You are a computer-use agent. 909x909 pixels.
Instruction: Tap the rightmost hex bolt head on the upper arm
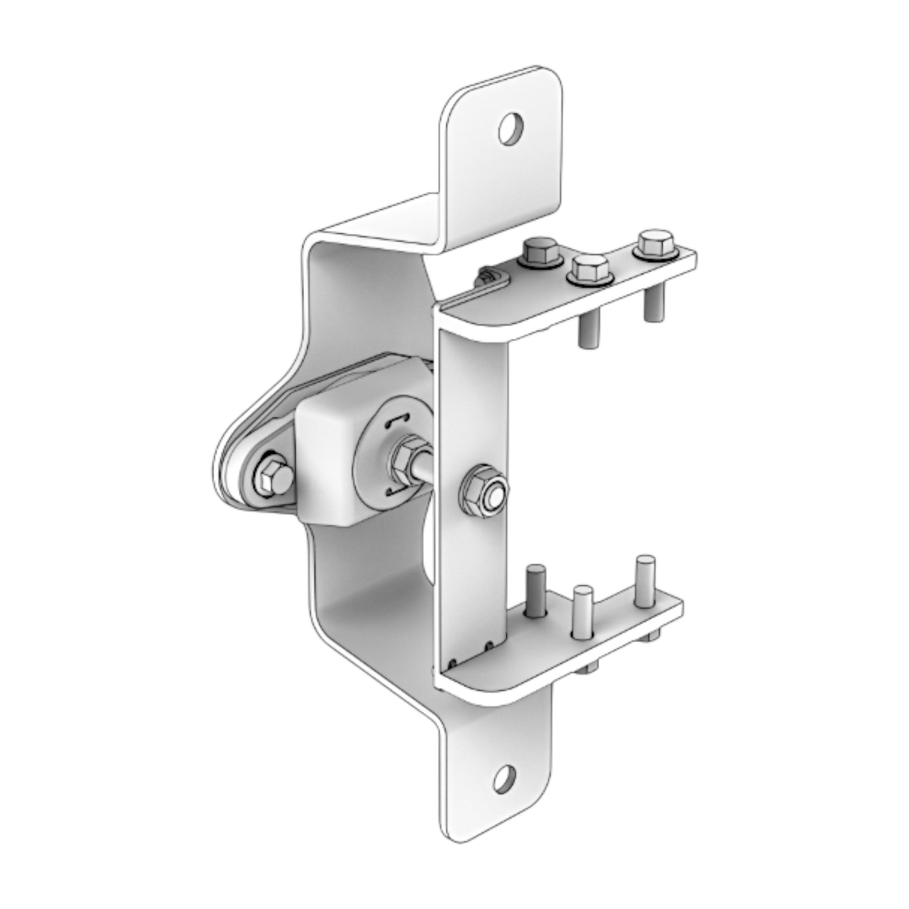654,243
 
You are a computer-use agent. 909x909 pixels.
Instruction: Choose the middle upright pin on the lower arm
583,610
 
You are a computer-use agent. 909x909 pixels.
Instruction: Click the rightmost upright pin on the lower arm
644,580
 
